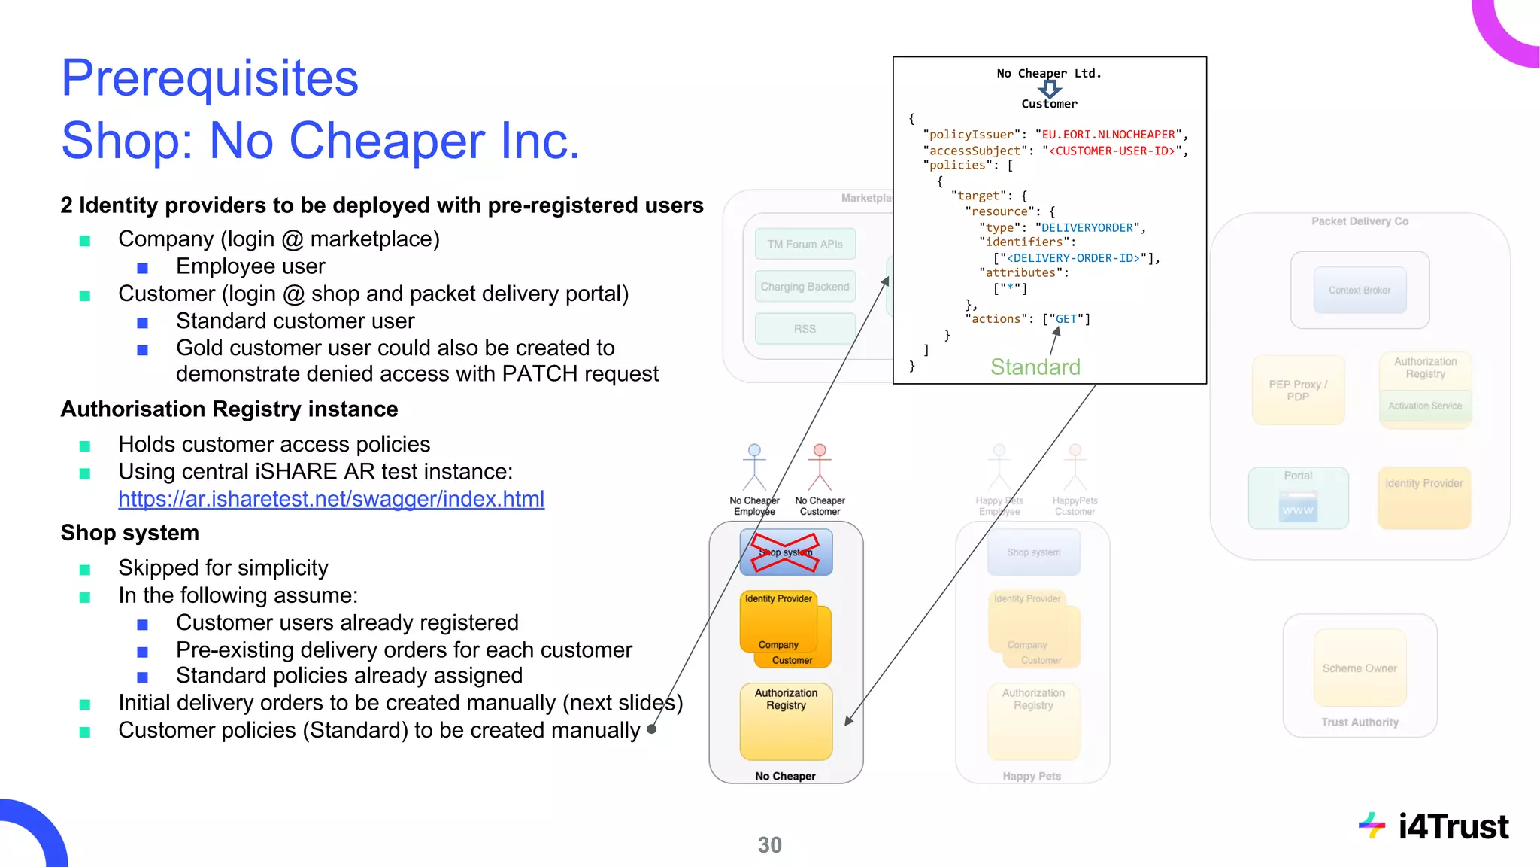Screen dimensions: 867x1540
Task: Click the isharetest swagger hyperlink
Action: (331, 499)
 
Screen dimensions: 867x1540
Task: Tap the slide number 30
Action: (769, 845)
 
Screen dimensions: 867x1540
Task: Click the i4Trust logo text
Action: (1453, 826)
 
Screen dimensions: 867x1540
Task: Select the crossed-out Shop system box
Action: (786, 552)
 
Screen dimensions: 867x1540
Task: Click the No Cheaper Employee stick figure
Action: (754, 467)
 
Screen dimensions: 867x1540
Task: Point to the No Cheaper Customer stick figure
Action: (820, 467)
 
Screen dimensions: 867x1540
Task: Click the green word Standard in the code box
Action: (1035, 367)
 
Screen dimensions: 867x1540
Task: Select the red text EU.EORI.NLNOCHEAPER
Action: (1108, 135)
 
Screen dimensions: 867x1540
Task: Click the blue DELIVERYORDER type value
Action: (1087, 227)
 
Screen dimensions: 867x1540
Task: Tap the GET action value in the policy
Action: (1066, 319)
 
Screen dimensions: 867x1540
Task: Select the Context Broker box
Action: (1360, 290)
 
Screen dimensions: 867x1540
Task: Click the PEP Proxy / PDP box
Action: (1298, 391)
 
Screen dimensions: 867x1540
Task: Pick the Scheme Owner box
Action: (1360, 668)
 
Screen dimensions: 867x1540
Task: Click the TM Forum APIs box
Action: (805, 244)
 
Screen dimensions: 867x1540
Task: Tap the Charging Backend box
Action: (805, 287)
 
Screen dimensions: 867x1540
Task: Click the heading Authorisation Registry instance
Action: (229, 409)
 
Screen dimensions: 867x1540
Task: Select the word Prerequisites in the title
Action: (210, 78)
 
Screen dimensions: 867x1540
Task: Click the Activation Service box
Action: (1425, 406)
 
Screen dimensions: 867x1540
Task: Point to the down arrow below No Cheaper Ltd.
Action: (1050, 89)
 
